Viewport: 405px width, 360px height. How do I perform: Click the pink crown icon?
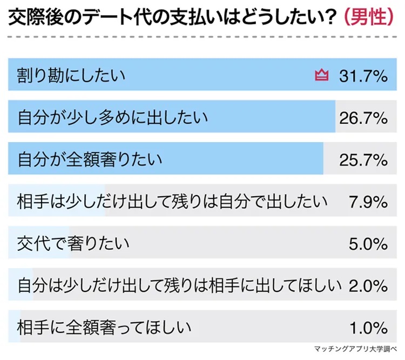321,75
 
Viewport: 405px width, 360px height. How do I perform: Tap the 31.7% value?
363,75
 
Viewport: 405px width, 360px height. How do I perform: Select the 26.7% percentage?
363,117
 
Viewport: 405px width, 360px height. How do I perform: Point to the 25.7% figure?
363,159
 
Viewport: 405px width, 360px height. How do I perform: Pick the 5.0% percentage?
368,243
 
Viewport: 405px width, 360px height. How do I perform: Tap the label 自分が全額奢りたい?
90,159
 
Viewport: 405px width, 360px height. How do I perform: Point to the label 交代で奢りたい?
73,243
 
